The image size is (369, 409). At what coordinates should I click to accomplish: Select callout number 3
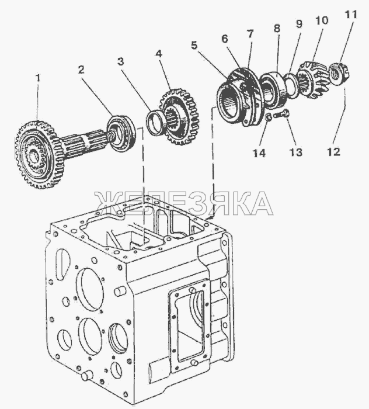pos(120,61)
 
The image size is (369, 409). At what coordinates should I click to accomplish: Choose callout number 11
pos(349,13)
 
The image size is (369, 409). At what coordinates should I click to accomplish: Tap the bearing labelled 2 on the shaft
pos(123,134)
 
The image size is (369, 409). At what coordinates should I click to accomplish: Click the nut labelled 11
pos(337,74)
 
